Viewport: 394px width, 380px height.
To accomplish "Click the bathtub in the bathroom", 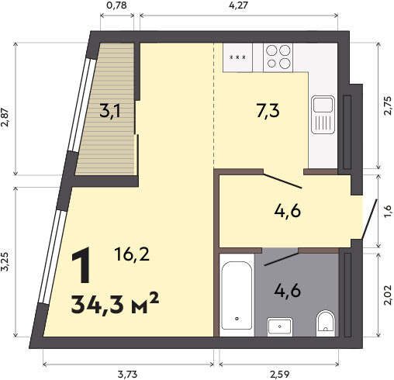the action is pos(237,295).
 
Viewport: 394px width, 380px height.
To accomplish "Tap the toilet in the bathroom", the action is pos(326,321).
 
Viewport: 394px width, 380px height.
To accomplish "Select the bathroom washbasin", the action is pos(280,326).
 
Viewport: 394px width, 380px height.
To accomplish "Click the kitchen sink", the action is pos(323,115).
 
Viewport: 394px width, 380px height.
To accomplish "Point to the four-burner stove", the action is pos(278,57).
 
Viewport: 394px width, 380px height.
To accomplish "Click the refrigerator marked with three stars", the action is pos(237,57).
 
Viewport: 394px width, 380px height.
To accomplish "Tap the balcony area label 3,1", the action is pos(110,112).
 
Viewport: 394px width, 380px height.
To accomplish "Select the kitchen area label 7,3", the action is pos(268,111).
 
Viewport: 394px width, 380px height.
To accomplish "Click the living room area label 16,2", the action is pos(132,254).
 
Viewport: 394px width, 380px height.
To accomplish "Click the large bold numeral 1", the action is pos(81,265).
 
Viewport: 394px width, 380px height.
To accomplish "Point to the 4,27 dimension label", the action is pos(238,5).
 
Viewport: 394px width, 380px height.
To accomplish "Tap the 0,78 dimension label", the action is pos(117,5).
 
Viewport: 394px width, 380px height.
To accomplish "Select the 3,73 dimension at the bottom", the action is pos(127,374).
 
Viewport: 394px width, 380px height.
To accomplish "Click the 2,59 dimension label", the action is pos(280,374).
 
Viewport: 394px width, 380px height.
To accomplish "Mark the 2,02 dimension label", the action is pos(388,295).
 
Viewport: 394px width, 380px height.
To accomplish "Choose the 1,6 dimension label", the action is pos(388,211).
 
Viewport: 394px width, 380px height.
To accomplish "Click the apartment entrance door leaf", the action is pos(369,219).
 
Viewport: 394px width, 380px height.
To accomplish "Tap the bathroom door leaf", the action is pos(281,258).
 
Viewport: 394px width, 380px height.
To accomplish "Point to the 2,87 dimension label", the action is pos(5,117).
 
